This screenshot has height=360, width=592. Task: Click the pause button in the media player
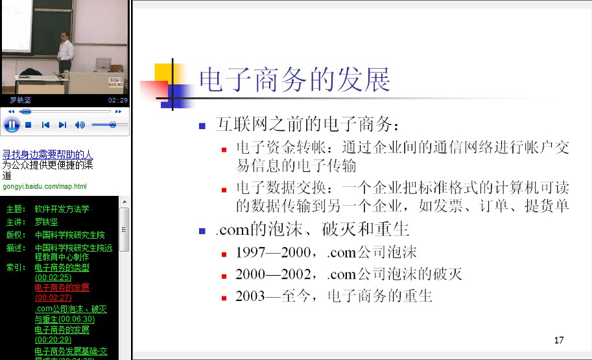12,125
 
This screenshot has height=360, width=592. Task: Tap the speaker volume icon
80,125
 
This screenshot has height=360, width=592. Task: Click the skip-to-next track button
63,125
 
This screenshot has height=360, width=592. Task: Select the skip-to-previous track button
45,125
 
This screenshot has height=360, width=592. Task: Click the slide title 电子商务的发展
294,80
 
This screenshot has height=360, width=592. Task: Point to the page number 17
559,340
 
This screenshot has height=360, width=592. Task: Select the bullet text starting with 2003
333,296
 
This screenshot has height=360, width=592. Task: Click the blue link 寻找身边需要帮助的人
47,154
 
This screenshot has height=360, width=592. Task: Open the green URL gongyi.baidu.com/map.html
45,186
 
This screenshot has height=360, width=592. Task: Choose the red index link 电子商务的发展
62,287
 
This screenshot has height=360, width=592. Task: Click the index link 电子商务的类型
62,267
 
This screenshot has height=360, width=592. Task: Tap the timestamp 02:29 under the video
118,100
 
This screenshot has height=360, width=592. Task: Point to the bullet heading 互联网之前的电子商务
307,125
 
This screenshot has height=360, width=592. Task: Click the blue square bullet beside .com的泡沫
202,231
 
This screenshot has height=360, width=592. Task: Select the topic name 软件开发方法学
62,209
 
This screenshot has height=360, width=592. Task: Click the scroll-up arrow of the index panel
124,202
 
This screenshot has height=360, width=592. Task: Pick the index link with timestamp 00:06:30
71,314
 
